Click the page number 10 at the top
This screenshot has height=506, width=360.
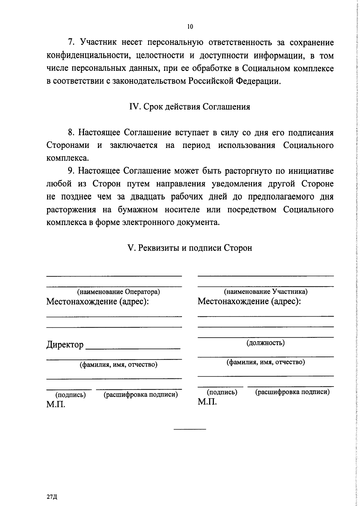point(190,27)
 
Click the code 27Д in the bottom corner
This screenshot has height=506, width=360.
point(52,497)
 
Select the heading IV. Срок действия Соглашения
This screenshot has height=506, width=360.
point(190,107)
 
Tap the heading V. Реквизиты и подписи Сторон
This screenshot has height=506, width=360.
point(190,248)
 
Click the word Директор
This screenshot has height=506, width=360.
point(65,345)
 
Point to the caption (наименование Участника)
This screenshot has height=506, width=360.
point(266,291)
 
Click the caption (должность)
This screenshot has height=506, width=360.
point(265,342)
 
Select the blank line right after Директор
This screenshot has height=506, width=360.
point(133,348)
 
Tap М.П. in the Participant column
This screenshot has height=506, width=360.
point(207,402)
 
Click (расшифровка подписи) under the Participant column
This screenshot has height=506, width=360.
point(292,392)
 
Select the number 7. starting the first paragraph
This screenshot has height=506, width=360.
point(71,43)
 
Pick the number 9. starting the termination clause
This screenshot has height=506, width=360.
point(71,171)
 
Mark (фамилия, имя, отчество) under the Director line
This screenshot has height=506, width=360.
point(118,365)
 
